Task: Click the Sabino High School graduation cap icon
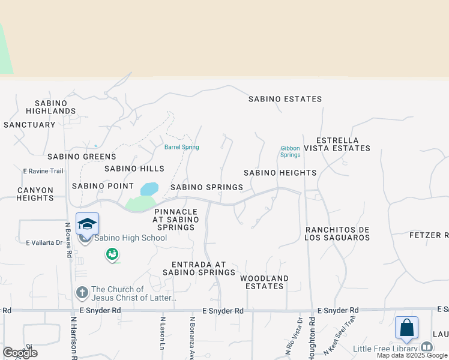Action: point(87,224)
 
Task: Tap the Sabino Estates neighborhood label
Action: point(285,99)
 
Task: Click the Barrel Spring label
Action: point(181,147)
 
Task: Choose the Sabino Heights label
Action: point(280,173)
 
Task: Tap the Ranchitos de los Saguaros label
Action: point(337,234)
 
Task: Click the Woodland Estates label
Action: point(264,282)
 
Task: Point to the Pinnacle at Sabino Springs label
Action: point(175,220)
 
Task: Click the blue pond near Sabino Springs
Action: point(149,189)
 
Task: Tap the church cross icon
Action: point(82,293)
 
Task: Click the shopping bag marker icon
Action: point(406,328)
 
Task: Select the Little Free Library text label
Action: point(385,349)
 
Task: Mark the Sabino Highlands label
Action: point(55,107)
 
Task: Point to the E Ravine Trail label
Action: point(43,171)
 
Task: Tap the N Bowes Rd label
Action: point(68,237)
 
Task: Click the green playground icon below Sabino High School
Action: point(112,255)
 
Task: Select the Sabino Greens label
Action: point(82,157)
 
